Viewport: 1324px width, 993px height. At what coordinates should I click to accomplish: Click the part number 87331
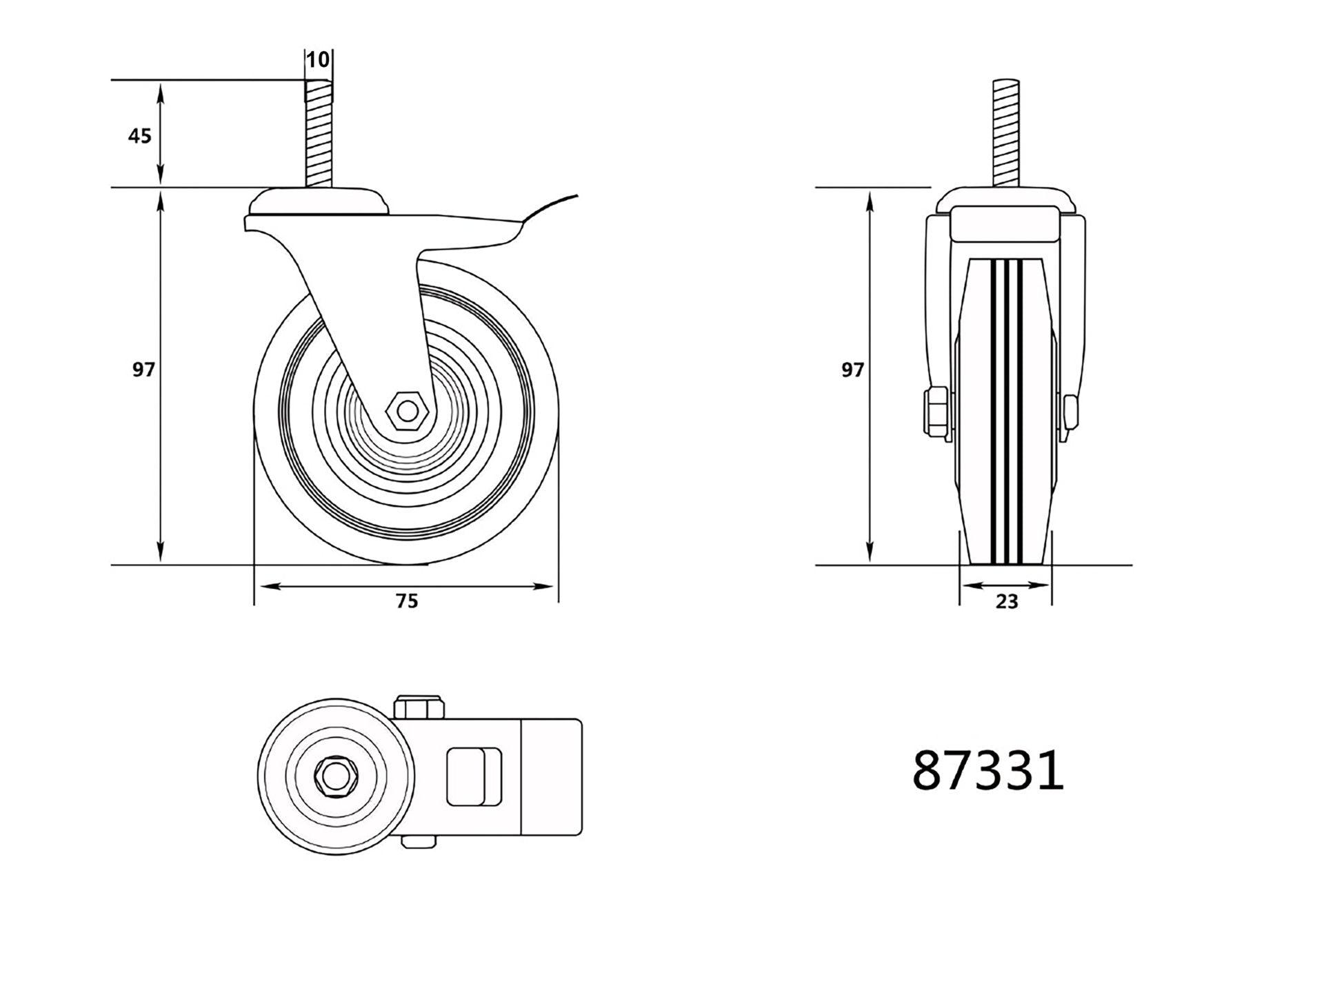point(987,772)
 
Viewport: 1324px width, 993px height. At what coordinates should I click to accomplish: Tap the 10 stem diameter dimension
point(318,60)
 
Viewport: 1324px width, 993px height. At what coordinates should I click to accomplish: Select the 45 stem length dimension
point(139,136)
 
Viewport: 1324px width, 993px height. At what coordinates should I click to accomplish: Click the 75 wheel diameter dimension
point(406,601)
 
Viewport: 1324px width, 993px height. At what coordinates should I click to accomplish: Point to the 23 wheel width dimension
point(1006,602)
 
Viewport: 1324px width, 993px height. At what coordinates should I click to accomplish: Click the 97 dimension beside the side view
point(143,370)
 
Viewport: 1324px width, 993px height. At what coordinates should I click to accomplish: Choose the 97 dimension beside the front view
point(852,370)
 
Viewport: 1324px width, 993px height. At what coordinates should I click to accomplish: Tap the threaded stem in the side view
point(317,134)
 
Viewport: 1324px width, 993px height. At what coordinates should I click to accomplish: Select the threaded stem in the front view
point(1006,134)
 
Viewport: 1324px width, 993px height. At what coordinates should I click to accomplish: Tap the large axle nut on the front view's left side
point(936,412)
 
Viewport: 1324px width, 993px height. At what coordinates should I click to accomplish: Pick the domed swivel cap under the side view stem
point(318,202)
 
